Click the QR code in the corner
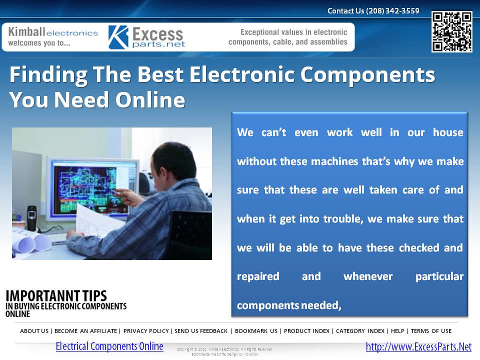click(451, 32)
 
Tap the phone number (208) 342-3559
click(392, 10)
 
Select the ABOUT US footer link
click(34, 331)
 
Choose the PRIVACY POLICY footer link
click(146, 331)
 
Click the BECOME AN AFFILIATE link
click(86, 331)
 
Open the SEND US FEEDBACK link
click(201, 331)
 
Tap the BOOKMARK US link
click(256, 331)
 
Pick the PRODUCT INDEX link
click(306, 331)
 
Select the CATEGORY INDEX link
click(360, 331)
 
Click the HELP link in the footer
click(397, 331)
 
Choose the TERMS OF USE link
click(431, 331)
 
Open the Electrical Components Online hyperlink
click(109, 346)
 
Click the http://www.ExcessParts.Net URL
click(418, 347)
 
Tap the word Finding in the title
click(41, 75)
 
